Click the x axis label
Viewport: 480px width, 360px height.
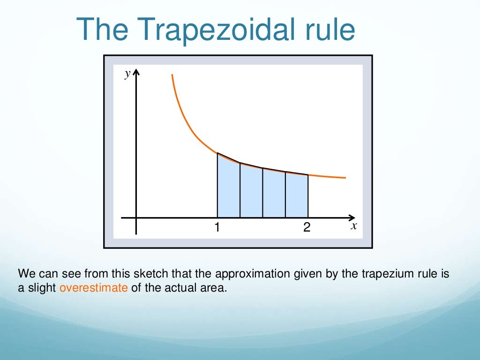(x=354, y=225)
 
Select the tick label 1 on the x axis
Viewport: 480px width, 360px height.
(x=217, y=227)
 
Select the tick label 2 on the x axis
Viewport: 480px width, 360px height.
(x=307, y=227)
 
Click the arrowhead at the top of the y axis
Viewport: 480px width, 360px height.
(x=136, y=73)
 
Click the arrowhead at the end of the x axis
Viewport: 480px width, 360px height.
(x=352, y=217)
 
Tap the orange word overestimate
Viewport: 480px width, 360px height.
(x=94, y=288)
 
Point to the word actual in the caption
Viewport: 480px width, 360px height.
(x=177, y=288)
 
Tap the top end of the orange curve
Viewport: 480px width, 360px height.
(x=173, y=75)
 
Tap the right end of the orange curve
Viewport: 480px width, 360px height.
(x=345, y=178)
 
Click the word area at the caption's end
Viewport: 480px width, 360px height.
(x=215, y=288)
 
